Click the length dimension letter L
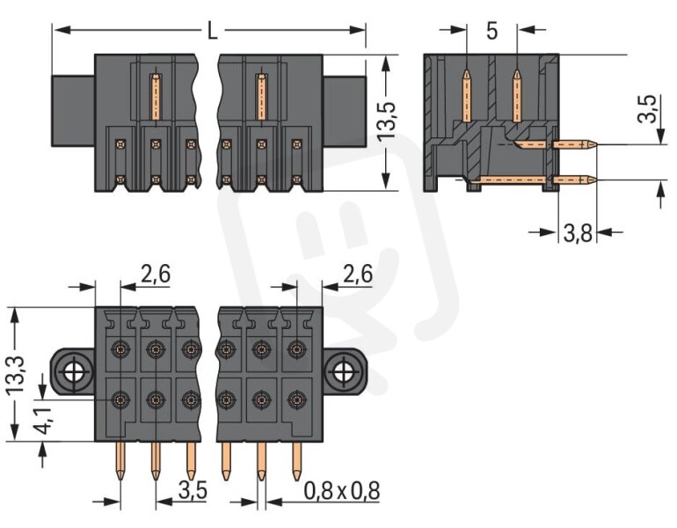(212, 31)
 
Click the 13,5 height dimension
(387, 121)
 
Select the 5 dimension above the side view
(491, 31)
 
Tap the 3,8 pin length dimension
(578, 233)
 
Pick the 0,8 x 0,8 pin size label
(341, 491)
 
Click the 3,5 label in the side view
(647, 109)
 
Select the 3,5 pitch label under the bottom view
(193, 491)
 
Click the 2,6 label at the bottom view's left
(156, 274)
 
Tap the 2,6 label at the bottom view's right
(358, 274)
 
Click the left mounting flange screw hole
(74, 371)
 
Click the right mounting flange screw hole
(344, 371)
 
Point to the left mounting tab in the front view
(73, 111)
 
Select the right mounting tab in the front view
(344, 111)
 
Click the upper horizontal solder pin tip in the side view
(598, 144)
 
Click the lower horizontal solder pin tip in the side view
(598, 180)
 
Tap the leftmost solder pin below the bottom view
(120, 461)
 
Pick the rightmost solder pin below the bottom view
(296, 461)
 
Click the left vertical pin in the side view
(467, 96)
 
